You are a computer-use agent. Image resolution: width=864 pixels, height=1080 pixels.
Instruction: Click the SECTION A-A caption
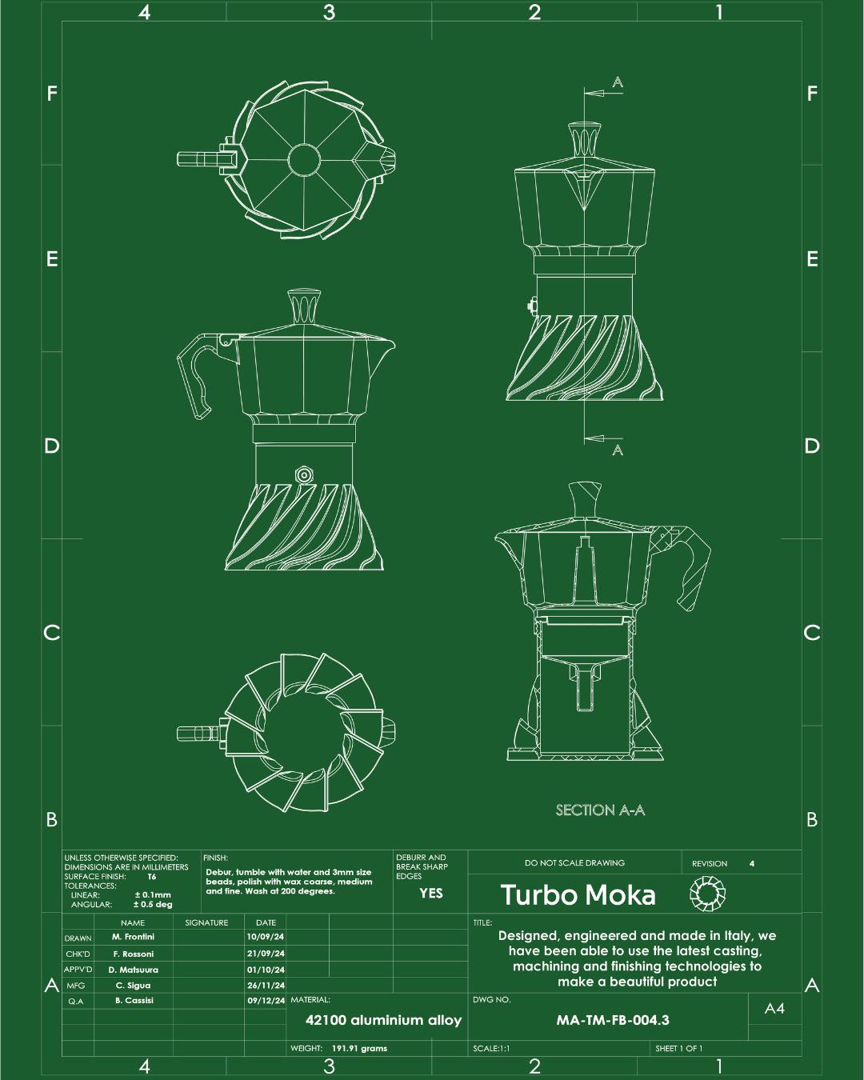coord(600,810)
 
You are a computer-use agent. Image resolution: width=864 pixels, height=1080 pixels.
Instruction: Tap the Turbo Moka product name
coord(578,895)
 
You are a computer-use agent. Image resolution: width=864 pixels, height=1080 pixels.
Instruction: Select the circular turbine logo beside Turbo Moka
coord(707,894)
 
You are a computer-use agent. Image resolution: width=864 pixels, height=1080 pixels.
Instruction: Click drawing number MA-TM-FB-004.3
coord(613,1020)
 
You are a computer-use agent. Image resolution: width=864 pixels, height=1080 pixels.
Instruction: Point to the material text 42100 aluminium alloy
coord(383,1020)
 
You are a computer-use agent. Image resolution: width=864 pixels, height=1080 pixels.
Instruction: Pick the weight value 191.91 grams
coord(359,1048)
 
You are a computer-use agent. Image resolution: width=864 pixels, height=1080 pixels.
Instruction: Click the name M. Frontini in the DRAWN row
coord(133,937)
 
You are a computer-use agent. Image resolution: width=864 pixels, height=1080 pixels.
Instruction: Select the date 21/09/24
coord(266,953)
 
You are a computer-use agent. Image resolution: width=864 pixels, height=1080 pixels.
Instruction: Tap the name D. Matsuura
coord(133,970)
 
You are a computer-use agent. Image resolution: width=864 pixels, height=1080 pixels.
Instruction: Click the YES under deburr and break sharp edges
coord(431,893)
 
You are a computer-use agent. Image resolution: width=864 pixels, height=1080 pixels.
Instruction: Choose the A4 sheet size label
coord(774,1008)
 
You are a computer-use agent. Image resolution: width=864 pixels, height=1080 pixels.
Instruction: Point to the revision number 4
coord(751,864)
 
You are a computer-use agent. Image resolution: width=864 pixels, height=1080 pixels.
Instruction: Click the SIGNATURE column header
coord(206,922)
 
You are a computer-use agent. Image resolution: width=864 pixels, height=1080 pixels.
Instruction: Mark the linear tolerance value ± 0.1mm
coord(153,895)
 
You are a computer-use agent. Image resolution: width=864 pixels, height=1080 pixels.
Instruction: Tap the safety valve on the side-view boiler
coord(304,474)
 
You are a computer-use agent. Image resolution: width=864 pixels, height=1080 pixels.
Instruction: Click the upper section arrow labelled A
coord(603,93)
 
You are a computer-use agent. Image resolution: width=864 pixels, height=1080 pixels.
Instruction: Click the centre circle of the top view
coord(304,159)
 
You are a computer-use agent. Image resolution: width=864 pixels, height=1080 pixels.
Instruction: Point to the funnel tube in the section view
coord(584,687)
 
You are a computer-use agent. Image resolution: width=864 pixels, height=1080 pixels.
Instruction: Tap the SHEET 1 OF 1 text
coord(678,1048)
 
